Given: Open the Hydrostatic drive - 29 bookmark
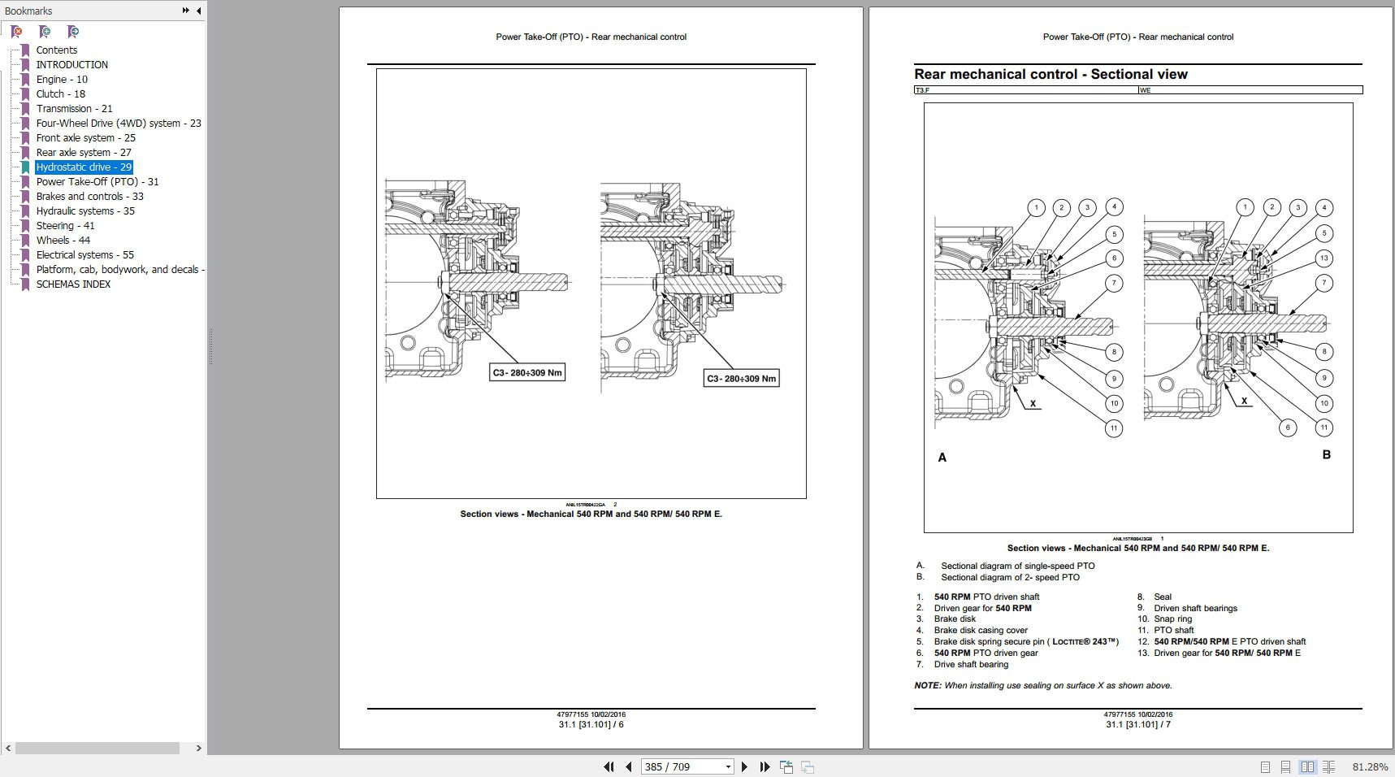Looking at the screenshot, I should point(83,167).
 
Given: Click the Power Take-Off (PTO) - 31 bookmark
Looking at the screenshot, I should point(97,182).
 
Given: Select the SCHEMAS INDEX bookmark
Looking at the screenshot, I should point(73,284).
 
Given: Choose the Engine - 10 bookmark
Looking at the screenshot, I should point(62,80).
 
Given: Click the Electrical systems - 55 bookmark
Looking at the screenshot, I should point(84,255).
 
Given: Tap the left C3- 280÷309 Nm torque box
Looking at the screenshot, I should point(527,372).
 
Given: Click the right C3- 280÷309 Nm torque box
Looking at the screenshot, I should point(741,378).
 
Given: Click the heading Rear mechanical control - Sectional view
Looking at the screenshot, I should point(1050,74).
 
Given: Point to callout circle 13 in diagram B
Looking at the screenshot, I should point(1324,258).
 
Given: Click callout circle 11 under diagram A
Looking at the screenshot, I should point(1114,428).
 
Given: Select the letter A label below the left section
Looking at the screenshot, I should point(942,458).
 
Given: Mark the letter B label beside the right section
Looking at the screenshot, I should point(1326,454).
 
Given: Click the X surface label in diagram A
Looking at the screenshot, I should point(1033,403).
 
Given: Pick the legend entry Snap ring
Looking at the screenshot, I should point(1172,619).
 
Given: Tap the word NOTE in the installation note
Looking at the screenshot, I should point(927,685).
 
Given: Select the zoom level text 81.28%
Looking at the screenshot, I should point(1370,766).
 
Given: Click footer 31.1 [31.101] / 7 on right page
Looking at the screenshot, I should point(1137,724).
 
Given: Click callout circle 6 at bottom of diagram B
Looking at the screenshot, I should point(1287,428).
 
